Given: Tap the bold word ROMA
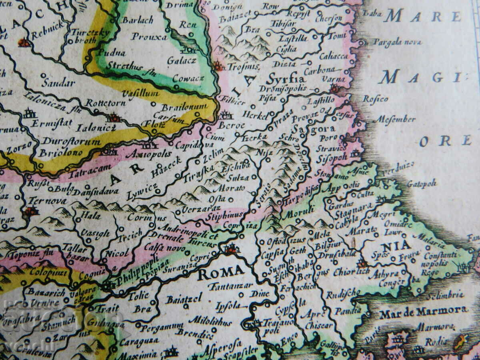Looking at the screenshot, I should coord(221,273).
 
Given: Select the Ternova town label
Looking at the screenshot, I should coord(47,200).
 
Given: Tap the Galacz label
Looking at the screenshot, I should coord(181,60).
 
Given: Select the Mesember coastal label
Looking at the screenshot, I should coord(394,119).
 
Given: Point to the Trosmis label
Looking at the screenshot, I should coord(243,66).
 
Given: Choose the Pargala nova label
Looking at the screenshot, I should coord(393,42).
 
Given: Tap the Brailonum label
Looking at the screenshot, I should coord(184,107).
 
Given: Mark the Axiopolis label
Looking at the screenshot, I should coord(148,154).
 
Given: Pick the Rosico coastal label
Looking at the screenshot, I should coord(375,99).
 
